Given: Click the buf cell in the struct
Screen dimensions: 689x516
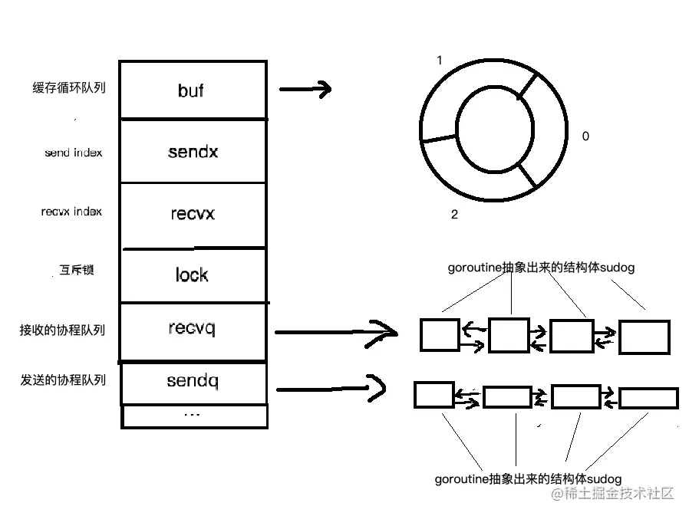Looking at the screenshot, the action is point(193,90).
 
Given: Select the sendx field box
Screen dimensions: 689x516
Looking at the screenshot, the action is point(193,150).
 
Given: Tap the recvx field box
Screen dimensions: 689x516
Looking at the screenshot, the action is point(193,215).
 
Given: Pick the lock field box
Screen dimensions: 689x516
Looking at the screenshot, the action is point(193,275).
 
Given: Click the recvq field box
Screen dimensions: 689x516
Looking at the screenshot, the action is point(193,332).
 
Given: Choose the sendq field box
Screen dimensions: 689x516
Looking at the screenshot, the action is point(193,383).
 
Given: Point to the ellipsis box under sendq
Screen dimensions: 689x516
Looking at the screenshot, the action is point(194,416).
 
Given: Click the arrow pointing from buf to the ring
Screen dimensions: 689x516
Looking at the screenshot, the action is point(305,89).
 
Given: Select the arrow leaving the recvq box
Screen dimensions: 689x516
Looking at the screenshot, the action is point(336,334).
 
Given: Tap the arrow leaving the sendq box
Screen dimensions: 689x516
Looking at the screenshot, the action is point(331,388).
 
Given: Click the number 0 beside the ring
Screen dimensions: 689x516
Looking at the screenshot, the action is point(585,136).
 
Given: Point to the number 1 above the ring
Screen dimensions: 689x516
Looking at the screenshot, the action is point(440,60).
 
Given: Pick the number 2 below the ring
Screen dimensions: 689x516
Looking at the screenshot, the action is point(454,215).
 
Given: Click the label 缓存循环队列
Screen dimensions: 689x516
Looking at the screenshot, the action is point(69,87).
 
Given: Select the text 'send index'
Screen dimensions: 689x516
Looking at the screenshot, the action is point(74,153).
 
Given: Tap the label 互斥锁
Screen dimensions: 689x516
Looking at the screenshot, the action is point(77,269).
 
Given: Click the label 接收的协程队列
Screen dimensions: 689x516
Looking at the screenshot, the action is point(62,330).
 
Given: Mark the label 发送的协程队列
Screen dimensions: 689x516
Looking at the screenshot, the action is point(63,380).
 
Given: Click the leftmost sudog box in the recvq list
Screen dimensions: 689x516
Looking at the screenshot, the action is point(440,335).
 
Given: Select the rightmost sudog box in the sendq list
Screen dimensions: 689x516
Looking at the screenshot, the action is point(648,398).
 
